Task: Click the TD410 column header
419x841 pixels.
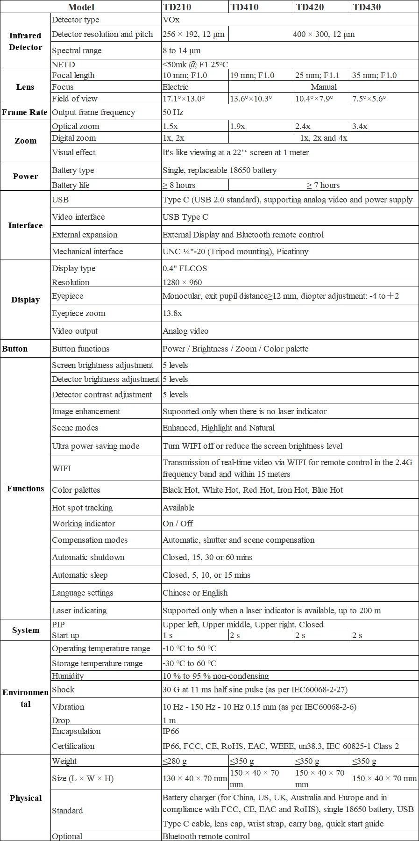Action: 244,7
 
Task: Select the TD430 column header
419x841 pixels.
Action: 367,7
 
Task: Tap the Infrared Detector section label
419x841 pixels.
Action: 25,41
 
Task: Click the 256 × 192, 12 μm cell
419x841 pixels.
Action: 193,34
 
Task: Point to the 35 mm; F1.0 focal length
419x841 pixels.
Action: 375,75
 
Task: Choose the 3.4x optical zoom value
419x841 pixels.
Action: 360,126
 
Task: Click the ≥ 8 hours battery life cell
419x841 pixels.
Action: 179,185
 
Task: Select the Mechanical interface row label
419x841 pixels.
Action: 87,252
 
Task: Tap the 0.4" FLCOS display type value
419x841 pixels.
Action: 185,268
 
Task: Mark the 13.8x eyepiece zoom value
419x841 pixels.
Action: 172,313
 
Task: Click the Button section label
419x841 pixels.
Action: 15,349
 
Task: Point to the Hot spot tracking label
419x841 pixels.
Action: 82,508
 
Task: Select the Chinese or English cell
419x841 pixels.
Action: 195,593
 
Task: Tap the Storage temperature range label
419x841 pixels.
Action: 97,663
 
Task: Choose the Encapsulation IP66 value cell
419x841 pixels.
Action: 171,731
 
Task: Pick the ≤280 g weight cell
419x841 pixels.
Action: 175,761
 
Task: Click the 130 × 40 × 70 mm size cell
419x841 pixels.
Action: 195,778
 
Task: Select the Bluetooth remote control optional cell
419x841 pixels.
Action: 206,836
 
